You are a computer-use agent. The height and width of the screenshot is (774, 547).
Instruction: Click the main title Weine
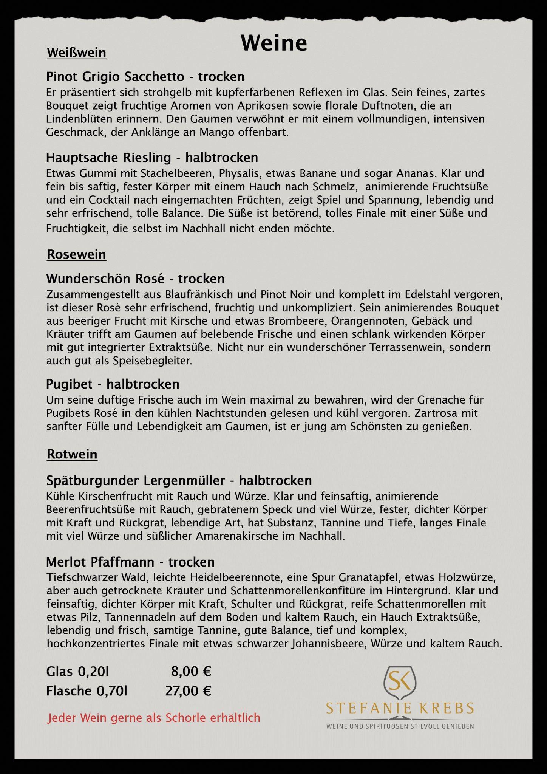[274, 43]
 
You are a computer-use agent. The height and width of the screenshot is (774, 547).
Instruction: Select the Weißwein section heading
[76, 53]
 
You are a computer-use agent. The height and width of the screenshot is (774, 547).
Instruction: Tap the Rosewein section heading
[76, 254]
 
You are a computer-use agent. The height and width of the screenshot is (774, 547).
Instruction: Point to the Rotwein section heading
[72, 454]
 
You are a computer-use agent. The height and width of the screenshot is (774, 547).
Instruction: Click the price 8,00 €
[191, 672]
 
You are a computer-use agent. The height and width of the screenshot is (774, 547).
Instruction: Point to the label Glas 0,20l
[77, 672]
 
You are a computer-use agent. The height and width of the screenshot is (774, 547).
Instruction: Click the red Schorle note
[154, 718]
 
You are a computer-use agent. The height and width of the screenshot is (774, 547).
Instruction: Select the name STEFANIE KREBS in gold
[400, 708]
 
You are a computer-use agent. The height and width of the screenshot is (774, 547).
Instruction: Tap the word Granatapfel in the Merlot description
[368, 578]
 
